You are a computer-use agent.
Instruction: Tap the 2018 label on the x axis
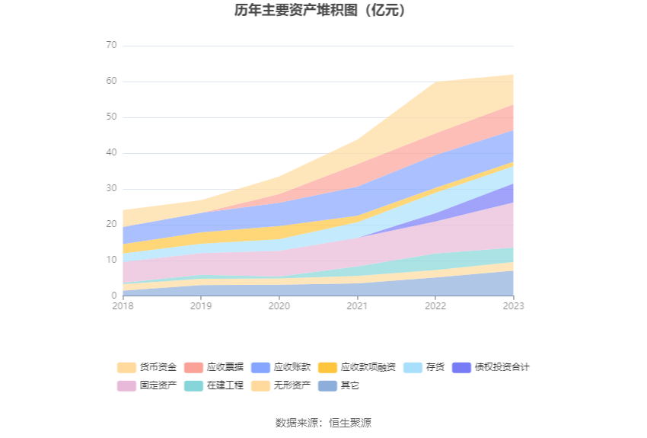(123, 305)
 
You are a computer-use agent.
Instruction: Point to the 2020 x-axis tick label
(279, 305)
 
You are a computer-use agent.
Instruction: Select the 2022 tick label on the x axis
(435, 305)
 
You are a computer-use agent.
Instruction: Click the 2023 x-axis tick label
(513, 305)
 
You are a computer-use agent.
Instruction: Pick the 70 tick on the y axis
(112, 46)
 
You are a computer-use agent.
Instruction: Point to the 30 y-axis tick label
(112, 188)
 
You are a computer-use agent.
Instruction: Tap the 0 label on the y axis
(114, 296)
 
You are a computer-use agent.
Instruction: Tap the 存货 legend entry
(425, 367)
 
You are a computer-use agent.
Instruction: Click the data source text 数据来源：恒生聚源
(323, 423)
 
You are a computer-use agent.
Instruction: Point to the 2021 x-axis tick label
(357, 305)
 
